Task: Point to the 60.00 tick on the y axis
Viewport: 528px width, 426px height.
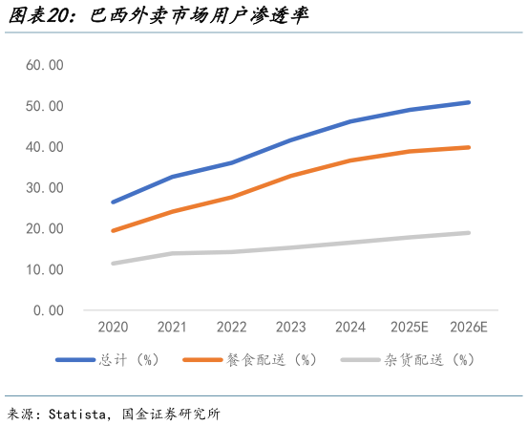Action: [x=45, y=65]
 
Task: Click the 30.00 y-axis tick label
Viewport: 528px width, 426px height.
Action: [x=45, y=188]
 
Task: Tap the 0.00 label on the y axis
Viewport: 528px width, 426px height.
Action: [x=49, y=310]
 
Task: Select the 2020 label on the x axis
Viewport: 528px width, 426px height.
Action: [x=114, y=328]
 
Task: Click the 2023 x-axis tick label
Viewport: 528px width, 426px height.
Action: [x=291, y=328]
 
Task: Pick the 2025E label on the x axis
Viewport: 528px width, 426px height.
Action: [x=409, y=328]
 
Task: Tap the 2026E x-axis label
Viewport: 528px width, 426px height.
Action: [x=468, y=328]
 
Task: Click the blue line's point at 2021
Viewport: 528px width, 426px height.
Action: [x=173, y=177]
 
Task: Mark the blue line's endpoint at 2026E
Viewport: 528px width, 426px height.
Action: [x=468, y=102]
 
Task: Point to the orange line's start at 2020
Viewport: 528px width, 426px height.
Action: [x=114, y=231]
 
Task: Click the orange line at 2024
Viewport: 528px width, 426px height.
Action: [x=350, y=160]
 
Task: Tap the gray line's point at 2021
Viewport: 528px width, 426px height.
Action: [x=173, y=253]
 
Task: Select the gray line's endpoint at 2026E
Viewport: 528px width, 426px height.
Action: [x=468, y=233]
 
